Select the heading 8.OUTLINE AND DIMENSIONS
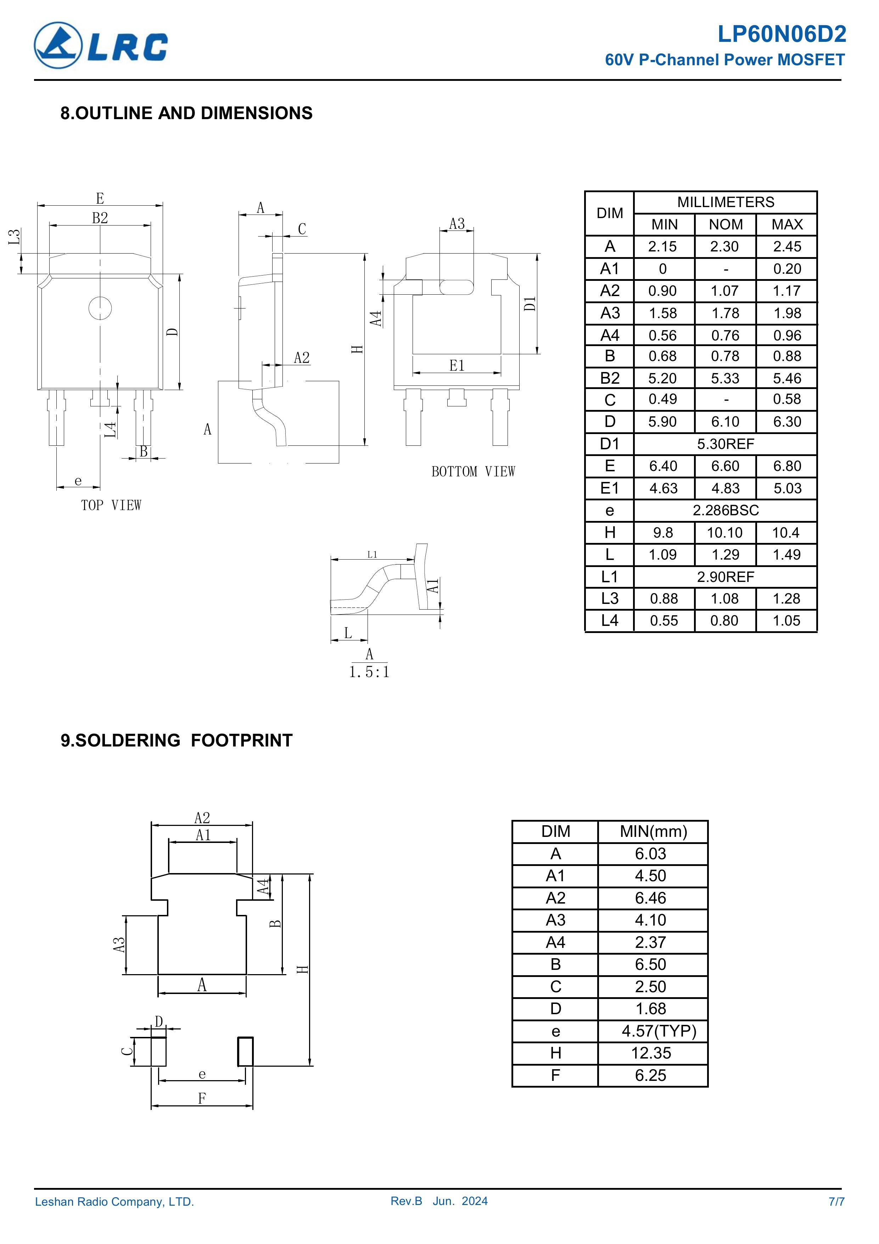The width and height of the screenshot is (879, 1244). coord(186,113)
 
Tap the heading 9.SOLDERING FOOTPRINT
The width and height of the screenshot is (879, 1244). coord(177,740)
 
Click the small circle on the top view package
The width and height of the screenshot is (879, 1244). coord(100,308)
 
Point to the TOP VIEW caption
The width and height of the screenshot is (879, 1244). coord(111,505)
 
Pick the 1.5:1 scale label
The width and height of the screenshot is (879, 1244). coord(369,672)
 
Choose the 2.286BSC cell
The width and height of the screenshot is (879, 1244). coord(725,510)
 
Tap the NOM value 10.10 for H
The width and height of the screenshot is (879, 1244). coord(725,533)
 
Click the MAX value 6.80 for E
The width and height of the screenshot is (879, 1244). coord(787,466)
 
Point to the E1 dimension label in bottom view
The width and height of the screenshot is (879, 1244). coord(457,366)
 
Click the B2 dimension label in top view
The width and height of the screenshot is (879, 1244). coord(100,218)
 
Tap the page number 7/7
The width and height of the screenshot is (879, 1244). coord(836,1202)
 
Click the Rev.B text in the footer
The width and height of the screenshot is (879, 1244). coord(406,1201)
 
